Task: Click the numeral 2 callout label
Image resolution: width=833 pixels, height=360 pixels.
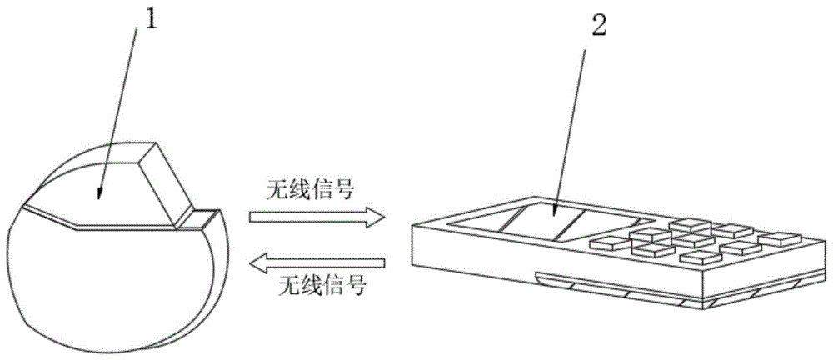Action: point(599,27)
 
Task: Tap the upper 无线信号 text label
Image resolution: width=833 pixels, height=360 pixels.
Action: point(316,191)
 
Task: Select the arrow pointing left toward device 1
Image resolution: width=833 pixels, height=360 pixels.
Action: point(317,265)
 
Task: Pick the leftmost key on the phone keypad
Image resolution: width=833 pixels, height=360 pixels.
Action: point(607,242)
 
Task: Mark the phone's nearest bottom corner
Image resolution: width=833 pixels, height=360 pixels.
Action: point(707,308)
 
